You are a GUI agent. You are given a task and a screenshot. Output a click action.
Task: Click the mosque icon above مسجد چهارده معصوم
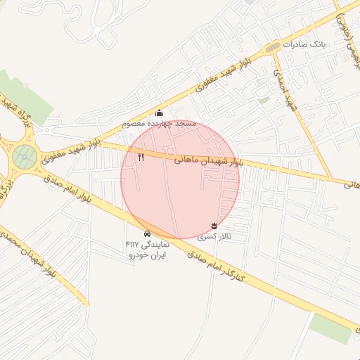pyautogui.click(x=160, y=113)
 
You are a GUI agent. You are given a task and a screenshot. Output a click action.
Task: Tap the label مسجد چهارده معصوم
pyautogui.click(x=159, y=124)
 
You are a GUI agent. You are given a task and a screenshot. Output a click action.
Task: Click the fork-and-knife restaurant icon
pyautogui.click(x=141, y=157)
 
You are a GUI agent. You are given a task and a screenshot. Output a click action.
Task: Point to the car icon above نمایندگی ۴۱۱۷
pyautogui.click(x=147, y=233)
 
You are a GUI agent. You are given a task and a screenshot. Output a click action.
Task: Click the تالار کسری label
pyautogui.click(x=213, y=236)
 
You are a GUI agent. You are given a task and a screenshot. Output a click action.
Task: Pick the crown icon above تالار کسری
pyautogui.click(x=213, y=225)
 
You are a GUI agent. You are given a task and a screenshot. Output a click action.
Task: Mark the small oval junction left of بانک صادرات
pyautogui.click(x=271, y=47)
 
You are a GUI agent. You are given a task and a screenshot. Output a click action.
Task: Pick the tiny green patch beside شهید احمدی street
pyautogui.click(x=264, y=100)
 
